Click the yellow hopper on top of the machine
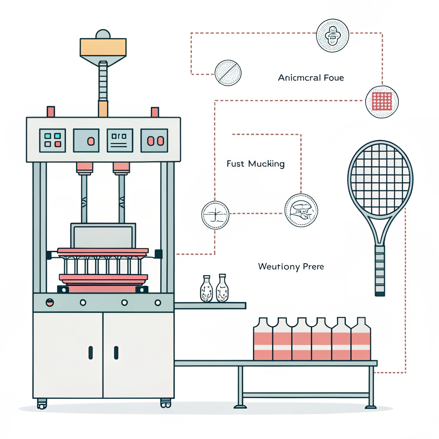(103, 47)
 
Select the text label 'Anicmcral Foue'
(311, 78)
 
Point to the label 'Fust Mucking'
(255, 163)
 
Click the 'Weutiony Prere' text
(291, 267)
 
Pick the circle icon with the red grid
(382, 102)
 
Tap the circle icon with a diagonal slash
(228, 72)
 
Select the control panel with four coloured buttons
(52, 140)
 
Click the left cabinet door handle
(90, 352)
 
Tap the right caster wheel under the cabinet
(165, 403)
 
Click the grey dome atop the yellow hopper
(103, 34)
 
